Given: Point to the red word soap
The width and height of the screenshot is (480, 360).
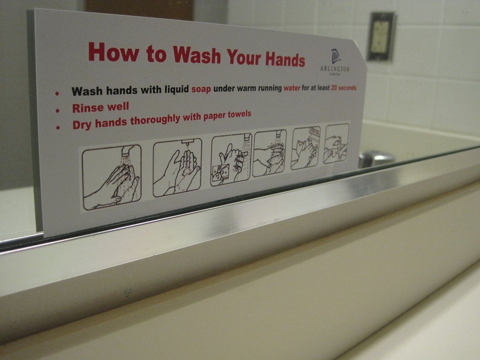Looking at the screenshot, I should [201, 89].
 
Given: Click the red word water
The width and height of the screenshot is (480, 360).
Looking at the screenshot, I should [292, 88].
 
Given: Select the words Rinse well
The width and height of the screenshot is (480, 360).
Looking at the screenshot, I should [100, 108].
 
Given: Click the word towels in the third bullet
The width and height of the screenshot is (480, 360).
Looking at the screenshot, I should [237, 115].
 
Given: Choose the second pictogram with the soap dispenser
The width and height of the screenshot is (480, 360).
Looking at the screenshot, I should [177, 167].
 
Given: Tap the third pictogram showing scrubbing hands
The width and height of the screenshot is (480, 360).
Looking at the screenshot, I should [231, 160].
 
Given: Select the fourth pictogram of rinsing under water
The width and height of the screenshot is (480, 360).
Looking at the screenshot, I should [269, 153].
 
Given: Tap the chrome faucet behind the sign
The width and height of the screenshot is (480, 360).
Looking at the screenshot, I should [376, 158].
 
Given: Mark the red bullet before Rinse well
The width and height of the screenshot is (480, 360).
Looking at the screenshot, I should [58, 110].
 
